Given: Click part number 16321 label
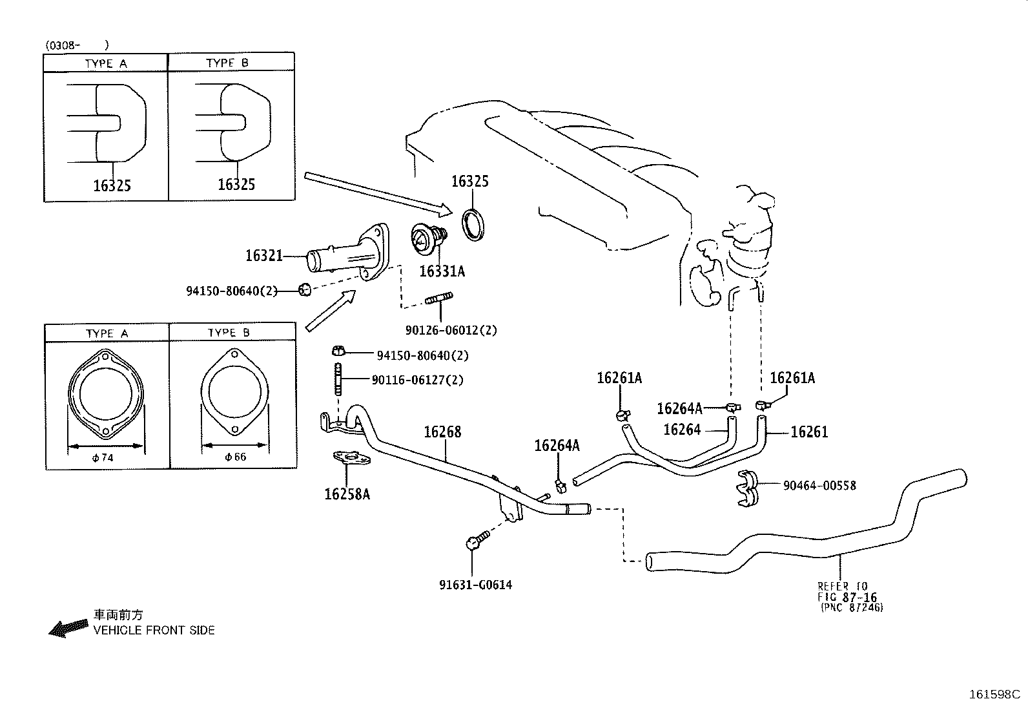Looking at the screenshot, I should point(263,256).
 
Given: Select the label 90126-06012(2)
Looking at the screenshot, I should point(451,330).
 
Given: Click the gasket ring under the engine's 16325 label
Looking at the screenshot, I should point(477,224).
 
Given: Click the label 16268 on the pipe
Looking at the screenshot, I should point(442,432).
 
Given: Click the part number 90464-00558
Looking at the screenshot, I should point(819,485).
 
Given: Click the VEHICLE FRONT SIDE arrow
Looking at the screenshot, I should point(68,627).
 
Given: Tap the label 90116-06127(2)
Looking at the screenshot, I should point(417,380).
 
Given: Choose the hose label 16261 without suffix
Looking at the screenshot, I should point(809,432).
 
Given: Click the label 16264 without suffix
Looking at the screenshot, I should point(682,430).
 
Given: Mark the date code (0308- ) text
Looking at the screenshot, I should point(76,45).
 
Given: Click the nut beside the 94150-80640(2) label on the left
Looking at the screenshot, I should point(306,289).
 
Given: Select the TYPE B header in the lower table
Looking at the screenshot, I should point(229,333).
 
